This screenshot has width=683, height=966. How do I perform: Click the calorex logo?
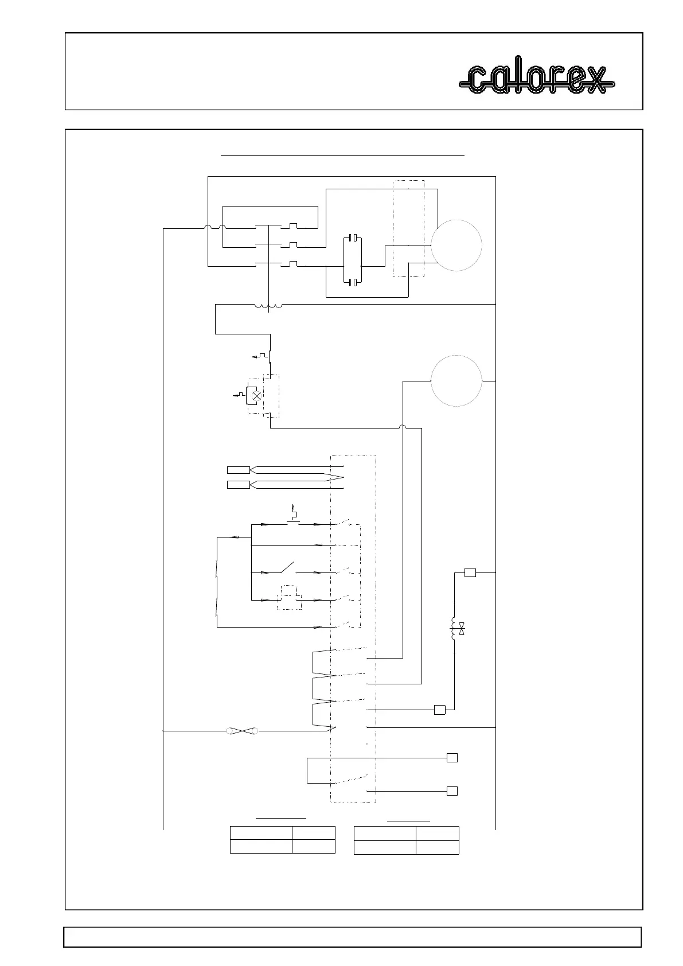coord(536,79)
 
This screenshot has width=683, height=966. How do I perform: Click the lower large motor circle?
coord(456,380)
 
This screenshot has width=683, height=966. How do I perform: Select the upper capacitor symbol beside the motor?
coord(354,237)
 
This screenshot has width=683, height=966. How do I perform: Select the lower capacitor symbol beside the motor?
coord(354,282)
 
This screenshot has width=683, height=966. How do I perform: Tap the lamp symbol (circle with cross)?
coord(257,395)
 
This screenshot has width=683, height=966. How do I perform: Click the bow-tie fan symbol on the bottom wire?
coord(241,731)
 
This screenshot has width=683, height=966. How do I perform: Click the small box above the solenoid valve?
coord(470,572)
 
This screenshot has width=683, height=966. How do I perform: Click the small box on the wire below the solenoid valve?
coord(440,710)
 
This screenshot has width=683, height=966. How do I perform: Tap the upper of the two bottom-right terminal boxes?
coord(452,758)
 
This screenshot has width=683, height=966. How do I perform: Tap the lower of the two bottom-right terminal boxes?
coord(452,791)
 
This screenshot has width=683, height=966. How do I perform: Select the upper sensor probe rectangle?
coord(239,470)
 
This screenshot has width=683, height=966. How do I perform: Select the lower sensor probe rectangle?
coord(239,485)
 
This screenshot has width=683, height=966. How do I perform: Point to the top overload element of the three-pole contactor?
coord(293,227)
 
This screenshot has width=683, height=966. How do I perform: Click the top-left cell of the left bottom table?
coord(261,833)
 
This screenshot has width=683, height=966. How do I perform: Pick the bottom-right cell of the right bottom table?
coord(437,847)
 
